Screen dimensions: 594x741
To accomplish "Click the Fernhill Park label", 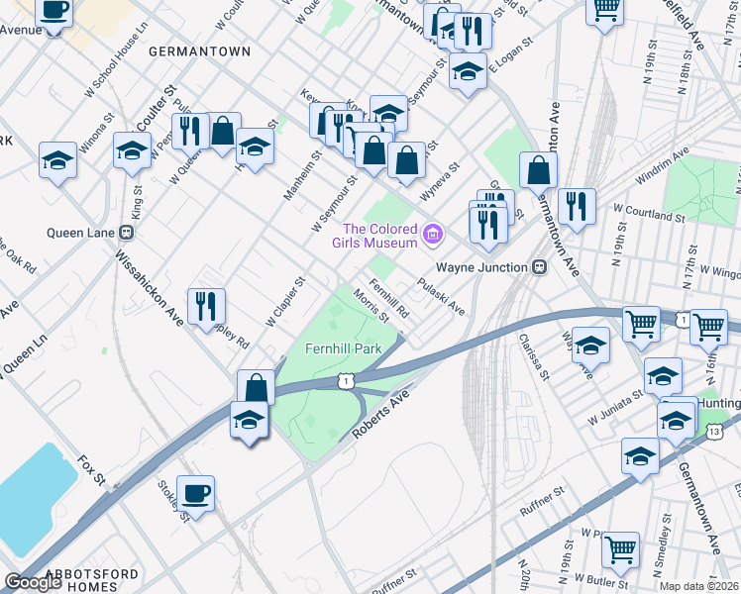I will point(343,349).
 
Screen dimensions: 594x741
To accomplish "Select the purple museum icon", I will point(431,235).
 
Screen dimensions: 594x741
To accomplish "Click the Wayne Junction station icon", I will point(539,266).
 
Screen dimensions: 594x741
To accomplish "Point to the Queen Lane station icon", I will point(126,233).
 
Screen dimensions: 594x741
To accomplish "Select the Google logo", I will point(33,582).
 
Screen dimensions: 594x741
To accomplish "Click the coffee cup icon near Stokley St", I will point(195,492).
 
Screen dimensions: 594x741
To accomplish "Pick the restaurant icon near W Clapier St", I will point(206,305).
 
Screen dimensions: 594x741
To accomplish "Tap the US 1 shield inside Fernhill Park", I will point(343,380).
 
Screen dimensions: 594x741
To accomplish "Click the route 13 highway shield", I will point(714,431).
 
